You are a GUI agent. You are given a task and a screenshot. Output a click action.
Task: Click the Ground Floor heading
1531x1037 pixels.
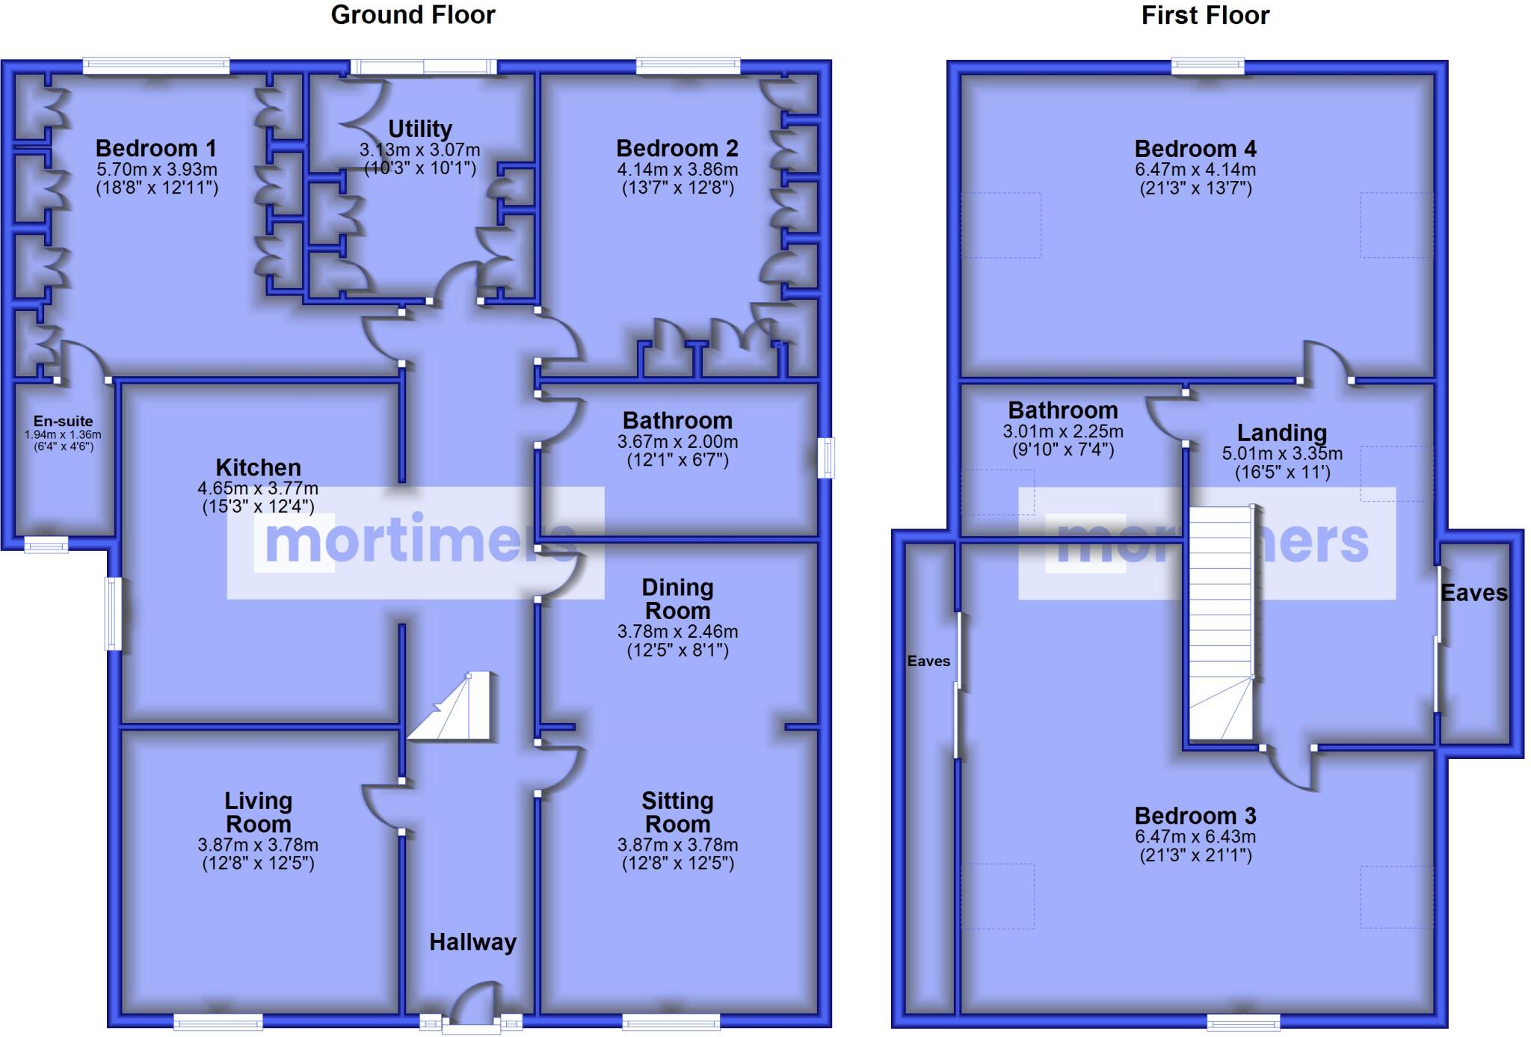coord(413,15)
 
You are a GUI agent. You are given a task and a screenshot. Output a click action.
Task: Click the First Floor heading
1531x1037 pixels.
coord(1204,15)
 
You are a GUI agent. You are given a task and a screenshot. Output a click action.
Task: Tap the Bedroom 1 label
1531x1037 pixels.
coord(155,148)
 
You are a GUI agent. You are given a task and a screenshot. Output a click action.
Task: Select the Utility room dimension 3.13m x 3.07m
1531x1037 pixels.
coord(419,150)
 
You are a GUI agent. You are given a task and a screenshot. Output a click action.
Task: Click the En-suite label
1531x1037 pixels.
coord(63,421)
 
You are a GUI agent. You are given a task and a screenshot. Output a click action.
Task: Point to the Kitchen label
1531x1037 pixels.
coord(258,467)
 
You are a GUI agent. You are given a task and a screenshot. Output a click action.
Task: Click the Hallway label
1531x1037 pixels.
coord(472,942)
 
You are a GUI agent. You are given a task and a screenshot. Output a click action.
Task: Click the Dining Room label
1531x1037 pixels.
coord(677,599)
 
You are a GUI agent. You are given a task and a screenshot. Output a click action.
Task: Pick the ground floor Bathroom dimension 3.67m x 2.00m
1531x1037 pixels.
coord(677,441)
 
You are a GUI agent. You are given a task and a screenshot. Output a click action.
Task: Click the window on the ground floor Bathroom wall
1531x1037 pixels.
coord(826,458)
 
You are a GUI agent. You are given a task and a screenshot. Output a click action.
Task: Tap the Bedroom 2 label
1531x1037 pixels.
coord(677,148)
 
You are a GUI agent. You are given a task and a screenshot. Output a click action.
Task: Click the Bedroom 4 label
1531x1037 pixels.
coord(1195,148)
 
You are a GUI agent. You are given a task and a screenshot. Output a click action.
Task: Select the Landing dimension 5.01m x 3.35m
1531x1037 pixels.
coord(1281,454)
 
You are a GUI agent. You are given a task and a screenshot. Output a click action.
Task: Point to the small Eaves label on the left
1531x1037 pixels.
coord(928,661)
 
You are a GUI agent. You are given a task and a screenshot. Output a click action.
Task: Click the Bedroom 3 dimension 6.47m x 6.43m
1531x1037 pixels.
coord(1195,837)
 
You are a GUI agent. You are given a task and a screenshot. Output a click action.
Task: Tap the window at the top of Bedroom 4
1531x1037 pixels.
coord(1207,67)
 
